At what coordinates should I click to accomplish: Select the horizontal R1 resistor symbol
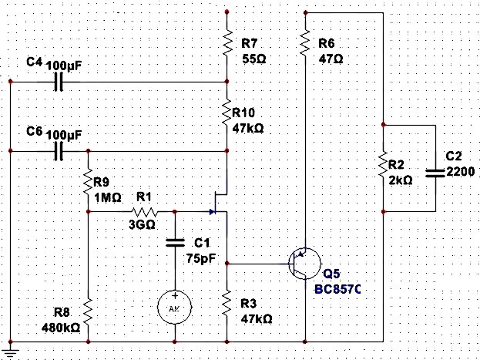[x=144, y=211]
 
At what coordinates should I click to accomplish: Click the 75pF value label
[x=199, y=259]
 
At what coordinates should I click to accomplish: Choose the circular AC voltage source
[x=175, y=306]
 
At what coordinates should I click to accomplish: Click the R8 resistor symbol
[x=88, y=312]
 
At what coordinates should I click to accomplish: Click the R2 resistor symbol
[x=383, y=167]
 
